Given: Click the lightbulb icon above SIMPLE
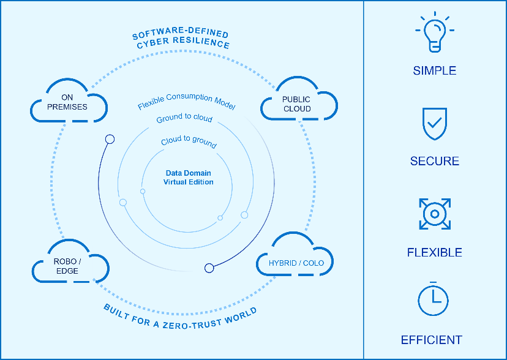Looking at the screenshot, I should [434, 33].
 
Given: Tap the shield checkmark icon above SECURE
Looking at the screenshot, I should [434, 124].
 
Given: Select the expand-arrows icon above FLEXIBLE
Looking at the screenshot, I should [434, 214].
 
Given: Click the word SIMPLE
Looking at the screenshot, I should [434, 71].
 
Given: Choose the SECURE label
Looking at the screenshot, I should [434, 162].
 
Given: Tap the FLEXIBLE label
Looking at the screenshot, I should [434, 252].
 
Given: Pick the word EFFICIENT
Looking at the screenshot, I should [431, 340].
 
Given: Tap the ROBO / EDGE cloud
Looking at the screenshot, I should [69, 266].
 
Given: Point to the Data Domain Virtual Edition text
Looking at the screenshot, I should [189, 178].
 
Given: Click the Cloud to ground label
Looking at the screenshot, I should [188, 142].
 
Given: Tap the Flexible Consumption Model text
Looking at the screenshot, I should [186, 102].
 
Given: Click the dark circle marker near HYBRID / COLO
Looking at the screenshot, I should [209, 268].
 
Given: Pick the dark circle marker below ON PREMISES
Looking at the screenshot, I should [110, 139].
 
